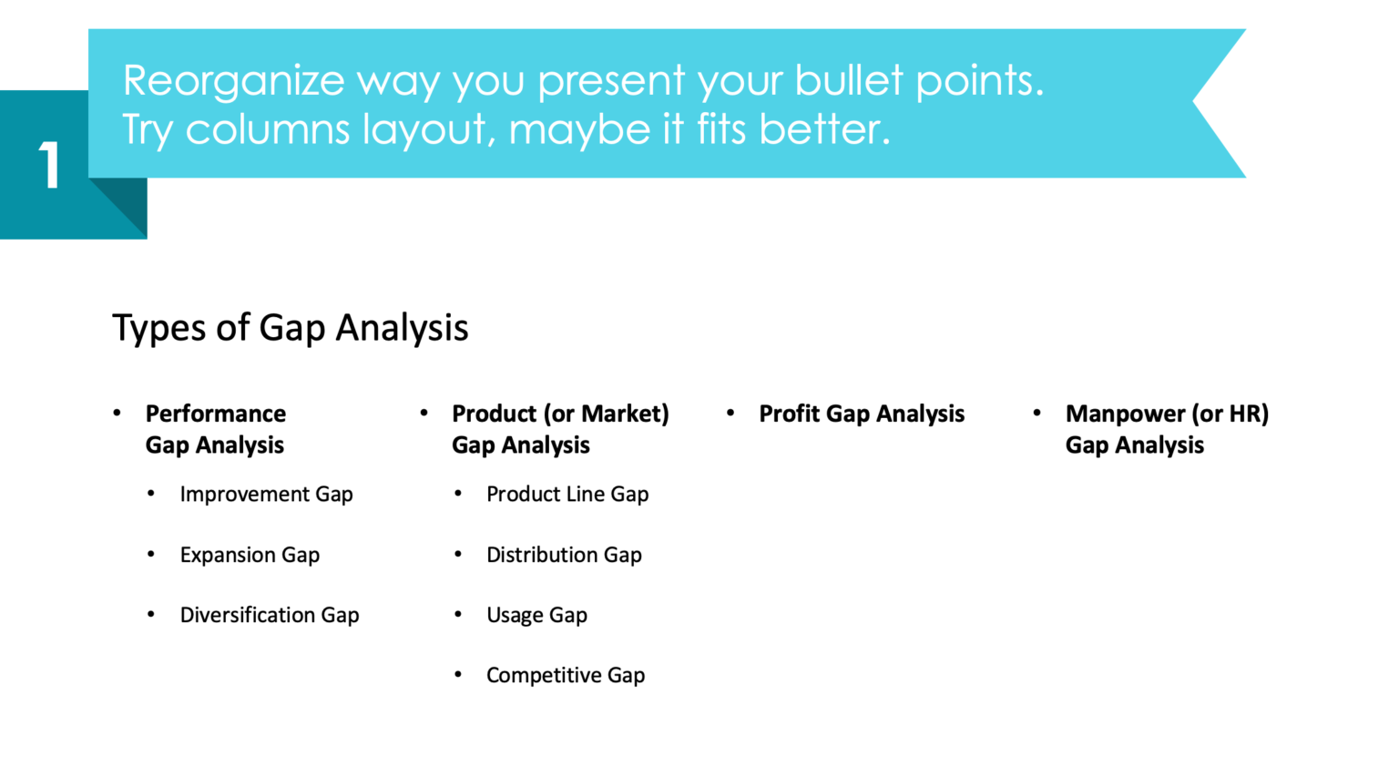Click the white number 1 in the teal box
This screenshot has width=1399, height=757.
pos(49,166)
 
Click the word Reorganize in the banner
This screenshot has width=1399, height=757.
pos(233,81)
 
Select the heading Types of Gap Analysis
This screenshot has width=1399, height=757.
pos(290,328)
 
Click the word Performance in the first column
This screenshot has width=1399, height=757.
pos(216,414)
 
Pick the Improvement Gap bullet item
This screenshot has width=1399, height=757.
pos(266,495)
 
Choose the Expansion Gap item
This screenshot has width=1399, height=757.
pos(250,555)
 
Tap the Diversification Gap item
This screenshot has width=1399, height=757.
pos(270,616)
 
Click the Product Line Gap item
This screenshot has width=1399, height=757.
pos(567,495)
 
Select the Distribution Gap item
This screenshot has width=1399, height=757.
pos(564,555)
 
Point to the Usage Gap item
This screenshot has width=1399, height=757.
pos(536,616)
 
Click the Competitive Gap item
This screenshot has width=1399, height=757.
pos(566,676)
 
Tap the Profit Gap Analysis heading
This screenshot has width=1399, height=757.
pos(862,414)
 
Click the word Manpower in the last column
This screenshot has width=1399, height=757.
pos(1126,414)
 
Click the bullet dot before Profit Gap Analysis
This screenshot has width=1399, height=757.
pos(730,414)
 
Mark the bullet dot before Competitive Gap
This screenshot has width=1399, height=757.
pos(458,675)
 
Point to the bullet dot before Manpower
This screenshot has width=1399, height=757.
pos(1037,414)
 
